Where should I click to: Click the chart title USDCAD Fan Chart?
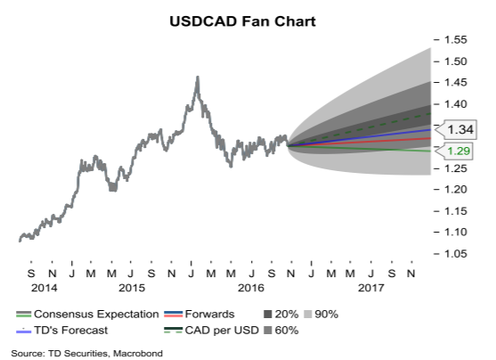pyautogui.click(x=242, y=21)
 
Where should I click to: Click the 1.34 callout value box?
pyautogui.click(x=460, y=129)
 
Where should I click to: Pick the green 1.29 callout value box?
pyautogui.click(x=459, y=151)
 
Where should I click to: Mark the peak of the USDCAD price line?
pyautogui.click(x=198, y=77)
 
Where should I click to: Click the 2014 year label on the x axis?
pyautogui.click(x=44, y=288)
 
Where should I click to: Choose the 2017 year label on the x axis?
pyautogui.click(x=370, y=288)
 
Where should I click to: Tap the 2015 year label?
pyautogui.click(x=132, y=288)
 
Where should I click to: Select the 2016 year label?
pyautogui.click(x=251, y=288)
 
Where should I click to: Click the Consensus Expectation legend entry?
pyautogui.click(x=87, y=314)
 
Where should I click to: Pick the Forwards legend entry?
pyautogui.click(x=199, y=314)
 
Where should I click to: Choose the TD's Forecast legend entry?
pyautogui.click(x=62, y=331)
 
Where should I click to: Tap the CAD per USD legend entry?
pyautogui.click(x=211, y=331)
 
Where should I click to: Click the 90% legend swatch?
pyautogui.click(x=308, y=315)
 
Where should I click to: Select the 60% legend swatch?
pyautogui.click(x=268, y=331)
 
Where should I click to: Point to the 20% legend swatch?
pyautogui.click(x=268, y=315)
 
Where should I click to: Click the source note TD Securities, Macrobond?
pyautogui.click(x=105, y=354)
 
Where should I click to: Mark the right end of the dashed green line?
pyautogui.click(x=430, y=113)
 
